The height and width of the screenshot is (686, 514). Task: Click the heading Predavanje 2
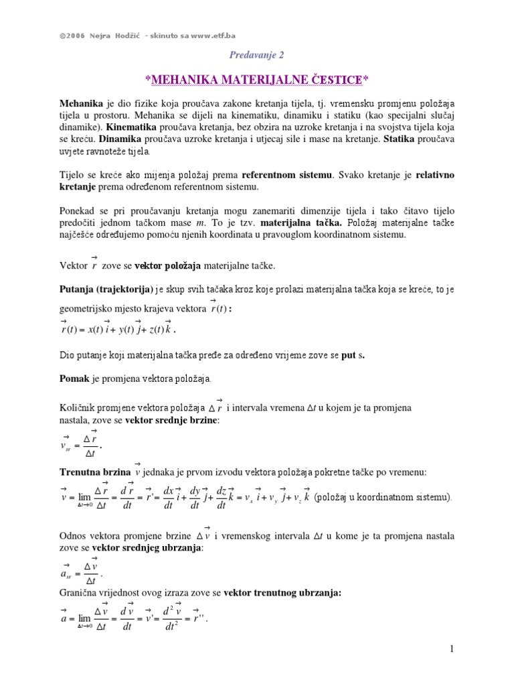[x=256, y=56]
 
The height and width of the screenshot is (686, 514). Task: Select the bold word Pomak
[x=74, y=379]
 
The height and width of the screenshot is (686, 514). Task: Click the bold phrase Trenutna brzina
[x=95, y=472]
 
